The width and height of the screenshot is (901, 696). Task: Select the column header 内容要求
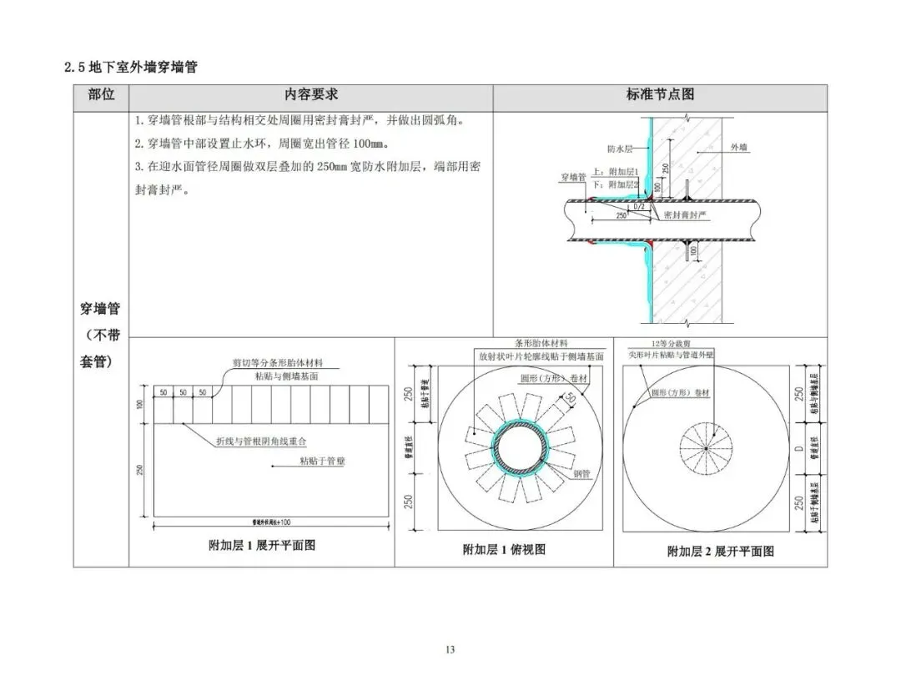310,95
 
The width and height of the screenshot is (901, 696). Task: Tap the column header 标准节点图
660,95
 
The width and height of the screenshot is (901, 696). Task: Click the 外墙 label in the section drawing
739,147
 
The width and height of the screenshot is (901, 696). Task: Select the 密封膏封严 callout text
685,214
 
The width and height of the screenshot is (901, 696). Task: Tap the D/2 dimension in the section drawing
639,205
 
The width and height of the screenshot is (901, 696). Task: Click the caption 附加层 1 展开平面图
261,546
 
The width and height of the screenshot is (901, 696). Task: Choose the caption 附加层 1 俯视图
504,549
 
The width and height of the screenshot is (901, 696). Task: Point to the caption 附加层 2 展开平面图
720,551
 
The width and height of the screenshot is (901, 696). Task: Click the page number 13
450,649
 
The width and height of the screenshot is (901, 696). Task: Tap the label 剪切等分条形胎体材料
277,364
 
